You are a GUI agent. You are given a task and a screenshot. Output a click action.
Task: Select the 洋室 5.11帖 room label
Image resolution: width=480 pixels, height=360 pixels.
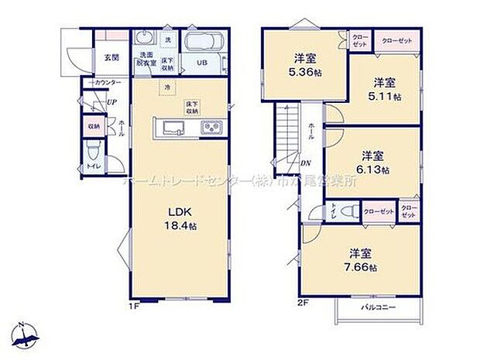[x=385, y=89]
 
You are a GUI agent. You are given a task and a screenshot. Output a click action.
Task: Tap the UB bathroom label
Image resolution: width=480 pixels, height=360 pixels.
[x=201, y=63]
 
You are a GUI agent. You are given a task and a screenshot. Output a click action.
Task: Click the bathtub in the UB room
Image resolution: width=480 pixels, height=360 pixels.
[x=204, y=41]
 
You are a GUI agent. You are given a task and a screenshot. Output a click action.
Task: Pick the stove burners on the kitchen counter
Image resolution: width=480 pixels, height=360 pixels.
[x=211, y=129]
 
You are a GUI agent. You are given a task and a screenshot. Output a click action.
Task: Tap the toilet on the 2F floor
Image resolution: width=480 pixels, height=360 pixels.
[x=349, y=209]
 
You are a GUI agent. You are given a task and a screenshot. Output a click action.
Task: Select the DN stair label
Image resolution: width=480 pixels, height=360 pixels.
[x=306, y=163]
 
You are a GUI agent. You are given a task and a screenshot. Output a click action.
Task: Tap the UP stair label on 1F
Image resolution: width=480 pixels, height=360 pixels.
[x=111, y=102]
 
